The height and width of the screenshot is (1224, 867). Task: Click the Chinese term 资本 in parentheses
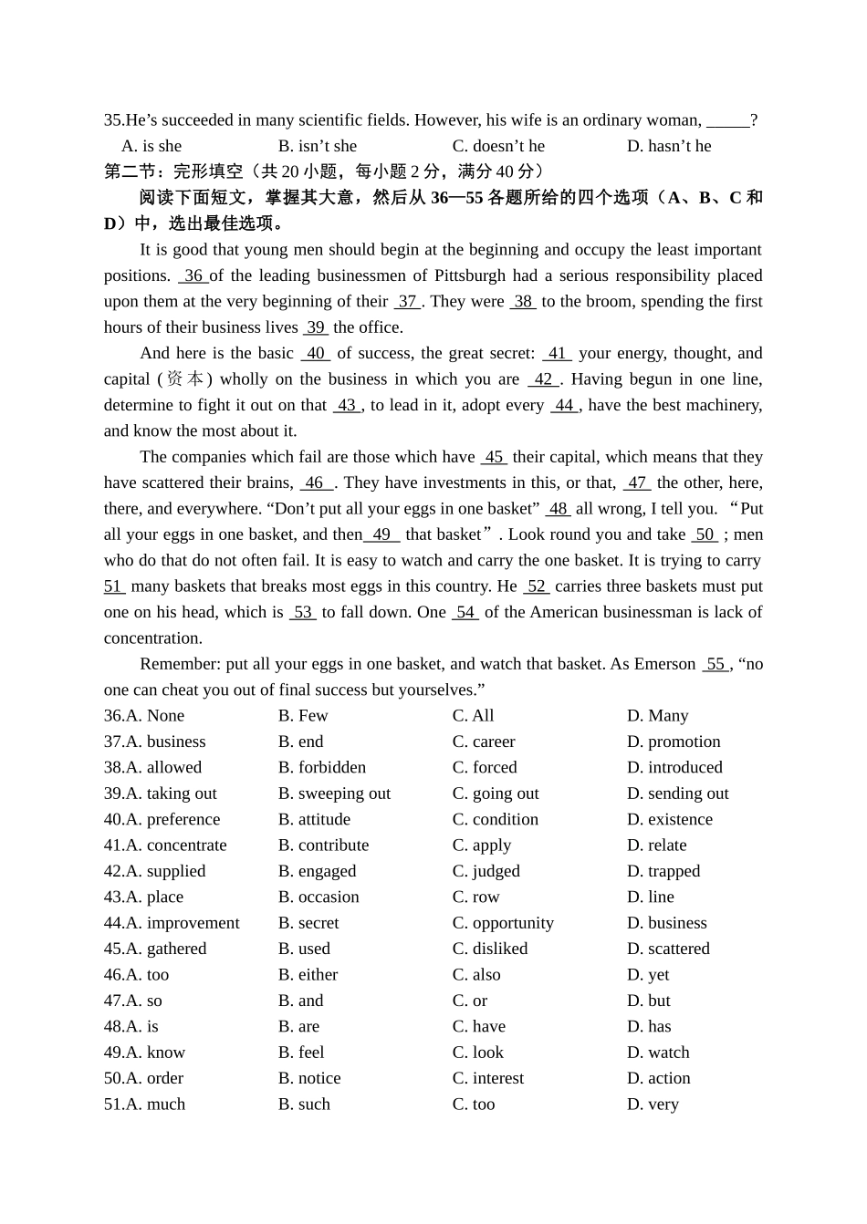[185, 379]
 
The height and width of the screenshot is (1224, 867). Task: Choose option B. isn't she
[318, 146]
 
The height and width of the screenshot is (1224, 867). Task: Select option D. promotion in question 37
[674, 742]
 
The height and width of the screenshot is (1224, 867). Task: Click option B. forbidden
[322, 768]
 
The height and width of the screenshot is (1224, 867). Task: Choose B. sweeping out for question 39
[334, 794]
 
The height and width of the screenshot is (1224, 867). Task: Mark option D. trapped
[663, 871]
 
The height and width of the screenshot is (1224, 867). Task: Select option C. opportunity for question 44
[503, 923]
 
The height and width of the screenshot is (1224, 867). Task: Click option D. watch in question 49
[658, 1053]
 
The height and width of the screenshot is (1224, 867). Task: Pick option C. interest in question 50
[488, 1078]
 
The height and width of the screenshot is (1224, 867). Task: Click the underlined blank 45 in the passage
[494, 457]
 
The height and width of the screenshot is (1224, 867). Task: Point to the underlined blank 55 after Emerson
[716, 664]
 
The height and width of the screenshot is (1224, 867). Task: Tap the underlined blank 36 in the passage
[193, 275]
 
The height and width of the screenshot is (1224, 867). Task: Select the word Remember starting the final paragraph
[179, 664]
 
